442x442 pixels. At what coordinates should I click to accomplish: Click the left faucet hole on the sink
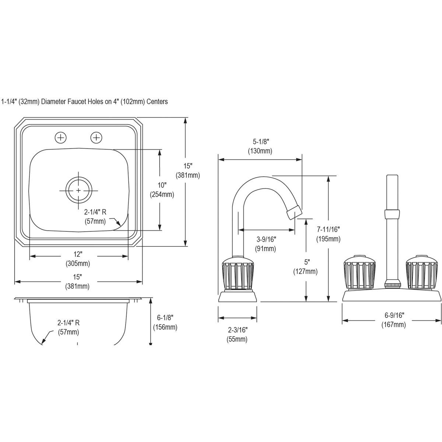pos(61,138)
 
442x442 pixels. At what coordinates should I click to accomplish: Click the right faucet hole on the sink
pos(96,138)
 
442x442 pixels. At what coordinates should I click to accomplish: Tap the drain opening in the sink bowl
pos(78,190)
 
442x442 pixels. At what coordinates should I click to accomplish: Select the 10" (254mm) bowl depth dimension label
pos(161,190)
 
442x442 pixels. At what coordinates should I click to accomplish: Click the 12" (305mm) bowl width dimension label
pos(78,259)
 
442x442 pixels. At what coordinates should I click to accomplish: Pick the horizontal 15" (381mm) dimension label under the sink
pos(77,281)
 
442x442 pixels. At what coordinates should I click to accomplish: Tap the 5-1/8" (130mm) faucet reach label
pos(260,146)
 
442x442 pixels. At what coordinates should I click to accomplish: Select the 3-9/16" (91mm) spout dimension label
pos(266,244)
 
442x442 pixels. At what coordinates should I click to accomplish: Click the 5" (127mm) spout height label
pos(305,267)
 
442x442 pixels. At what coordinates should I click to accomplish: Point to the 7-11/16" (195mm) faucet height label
pos(328,234)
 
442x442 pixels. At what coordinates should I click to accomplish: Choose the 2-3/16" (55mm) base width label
pos(237,334)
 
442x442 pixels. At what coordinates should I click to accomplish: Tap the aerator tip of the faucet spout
pos(294,213)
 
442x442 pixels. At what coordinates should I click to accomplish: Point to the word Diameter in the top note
pos(54,102)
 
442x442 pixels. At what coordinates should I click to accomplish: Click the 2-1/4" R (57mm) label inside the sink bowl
pos(95,217)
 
